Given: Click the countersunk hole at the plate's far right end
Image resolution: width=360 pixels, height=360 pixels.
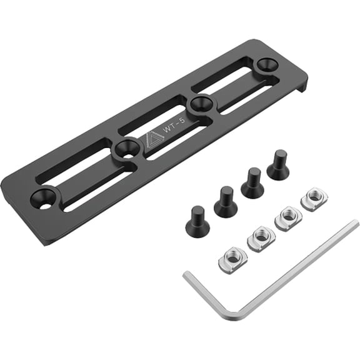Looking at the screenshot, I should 267,64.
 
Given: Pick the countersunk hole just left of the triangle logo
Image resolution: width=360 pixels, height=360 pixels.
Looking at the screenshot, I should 127,148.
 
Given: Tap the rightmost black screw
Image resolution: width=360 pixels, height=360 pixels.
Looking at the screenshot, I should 277,166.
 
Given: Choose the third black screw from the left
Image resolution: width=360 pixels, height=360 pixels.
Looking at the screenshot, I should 252,184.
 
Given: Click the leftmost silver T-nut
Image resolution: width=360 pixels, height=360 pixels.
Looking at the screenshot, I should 232,258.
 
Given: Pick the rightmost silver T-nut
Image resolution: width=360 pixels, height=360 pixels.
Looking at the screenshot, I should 314,199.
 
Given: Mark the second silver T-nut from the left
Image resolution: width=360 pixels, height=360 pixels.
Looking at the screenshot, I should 261,238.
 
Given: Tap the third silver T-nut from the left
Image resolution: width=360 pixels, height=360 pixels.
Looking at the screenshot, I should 288,217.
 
